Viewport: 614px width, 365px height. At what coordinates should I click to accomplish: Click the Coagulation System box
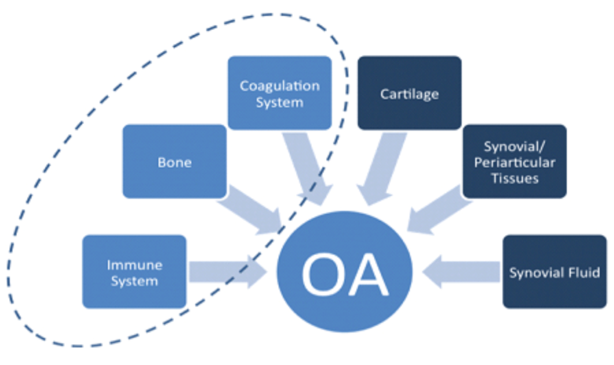pyautogui.click(x=279, y=93)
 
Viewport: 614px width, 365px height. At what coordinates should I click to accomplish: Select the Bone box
pyautogui.click(x=174, y=162)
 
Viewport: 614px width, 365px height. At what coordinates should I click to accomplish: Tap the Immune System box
pyautogui.click(x=134, y=272)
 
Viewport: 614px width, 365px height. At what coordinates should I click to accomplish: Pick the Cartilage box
pyautogui.click(x=410, y=93)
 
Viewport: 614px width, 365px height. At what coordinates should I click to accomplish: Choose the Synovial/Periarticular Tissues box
pyautogui.click(x=514, y=162)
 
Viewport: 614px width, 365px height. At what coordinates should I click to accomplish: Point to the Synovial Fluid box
pyautogui.click(x=555, y=272)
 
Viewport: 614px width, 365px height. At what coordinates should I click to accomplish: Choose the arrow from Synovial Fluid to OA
pyautogui.click(x=462, y=272)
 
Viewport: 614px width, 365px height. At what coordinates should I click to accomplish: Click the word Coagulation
pyautogui.click(x=279, y=86)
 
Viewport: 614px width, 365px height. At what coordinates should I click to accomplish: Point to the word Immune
pyautogui.click(x=134, y=264)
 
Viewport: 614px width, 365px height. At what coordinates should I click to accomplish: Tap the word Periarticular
pyautogui.click(x=514, y=162)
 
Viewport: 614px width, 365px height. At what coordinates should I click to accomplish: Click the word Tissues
pyautogui.click(x=514, y=178)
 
